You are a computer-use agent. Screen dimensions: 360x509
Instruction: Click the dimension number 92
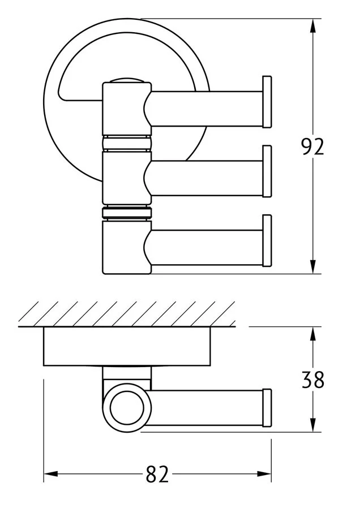click(x=312, y=146)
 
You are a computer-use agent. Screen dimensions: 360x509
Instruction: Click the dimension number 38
click(x=312, y=379)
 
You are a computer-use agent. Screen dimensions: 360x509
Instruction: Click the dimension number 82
click(x=157, y=475)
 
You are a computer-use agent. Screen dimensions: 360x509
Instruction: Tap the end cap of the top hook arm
click(x=267, y=102)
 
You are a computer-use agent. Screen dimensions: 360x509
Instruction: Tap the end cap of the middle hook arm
click(x=267, y=171)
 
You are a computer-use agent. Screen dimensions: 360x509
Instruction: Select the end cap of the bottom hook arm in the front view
click(x=267, y=240)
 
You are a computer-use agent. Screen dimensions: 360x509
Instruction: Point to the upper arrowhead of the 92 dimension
click(x=312, y=26)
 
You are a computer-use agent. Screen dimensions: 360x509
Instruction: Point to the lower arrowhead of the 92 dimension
click(x=312, y=266)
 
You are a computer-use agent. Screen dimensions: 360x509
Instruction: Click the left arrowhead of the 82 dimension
click(x=51, y=475)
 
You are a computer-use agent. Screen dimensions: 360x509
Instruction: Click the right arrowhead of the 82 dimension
click(x=264, y=475)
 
